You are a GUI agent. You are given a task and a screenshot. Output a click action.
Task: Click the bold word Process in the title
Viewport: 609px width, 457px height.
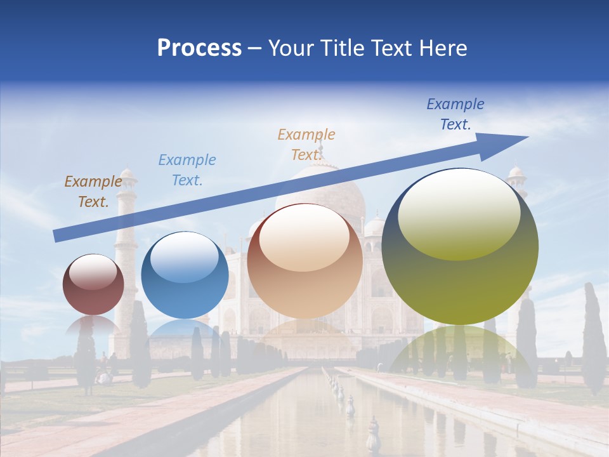tap(199, 48)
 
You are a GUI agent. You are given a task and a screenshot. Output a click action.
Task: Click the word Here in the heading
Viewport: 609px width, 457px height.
tap(444, 48)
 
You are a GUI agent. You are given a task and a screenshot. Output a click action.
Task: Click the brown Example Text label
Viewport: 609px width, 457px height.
tap(93, 192)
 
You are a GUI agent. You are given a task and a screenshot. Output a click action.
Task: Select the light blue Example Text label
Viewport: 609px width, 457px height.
tap(187, 170)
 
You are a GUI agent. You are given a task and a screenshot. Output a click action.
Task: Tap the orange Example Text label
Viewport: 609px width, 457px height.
tap(306, 145)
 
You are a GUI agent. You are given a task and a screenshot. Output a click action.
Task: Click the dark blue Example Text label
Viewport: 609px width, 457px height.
tap(455, 114)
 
